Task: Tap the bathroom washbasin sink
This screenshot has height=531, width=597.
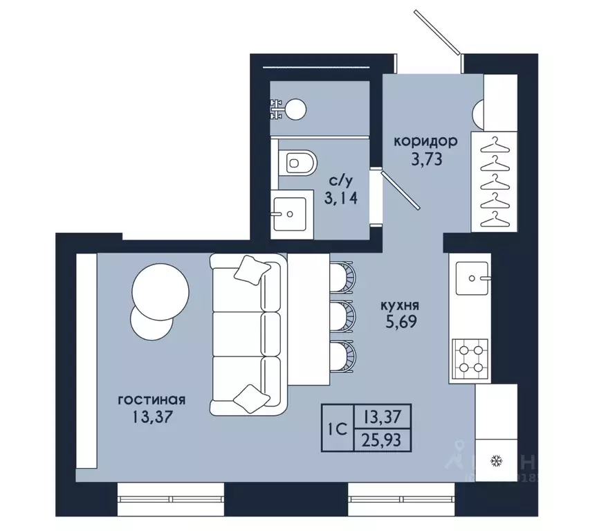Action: [x=289, y=214]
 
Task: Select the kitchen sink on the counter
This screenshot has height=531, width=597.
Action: [x=472, y=278]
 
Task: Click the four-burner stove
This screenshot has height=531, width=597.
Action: [x=470, y=359]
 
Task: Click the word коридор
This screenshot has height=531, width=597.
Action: [x=425, y=141]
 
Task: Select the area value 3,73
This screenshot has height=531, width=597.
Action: [x=426, y=159]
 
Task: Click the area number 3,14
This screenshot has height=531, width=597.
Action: [x=341, y=198]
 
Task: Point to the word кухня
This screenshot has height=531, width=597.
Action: [x=400, y=305]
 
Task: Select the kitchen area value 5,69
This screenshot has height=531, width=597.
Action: [x=401, y=322]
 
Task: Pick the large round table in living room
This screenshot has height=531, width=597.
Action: [x=160, y=291]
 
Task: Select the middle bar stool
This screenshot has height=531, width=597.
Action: [x=342, y=317]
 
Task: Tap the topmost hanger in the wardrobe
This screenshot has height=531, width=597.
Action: [x=495, y=145]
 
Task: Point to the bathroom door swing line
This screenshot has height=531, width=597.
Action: [x=401, y=190]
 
